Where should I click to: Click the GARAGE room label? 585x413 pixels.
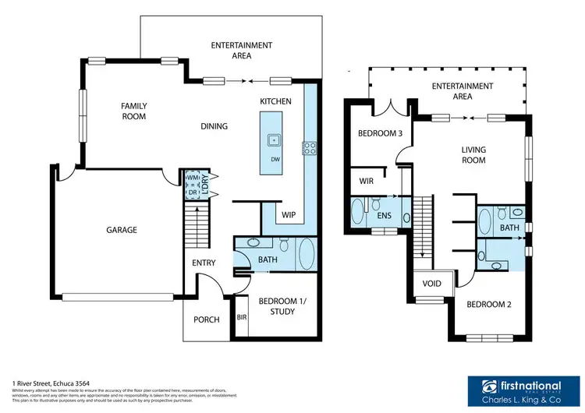[122, 230]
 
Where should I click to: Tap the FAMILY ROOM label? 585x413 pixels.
[133, 111]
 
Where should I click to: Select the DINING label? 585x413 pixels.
[214, 126]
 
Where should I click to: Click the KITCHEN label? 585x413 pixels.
[275, 101]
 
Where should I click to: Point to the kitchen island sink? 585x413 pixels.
[275, 140]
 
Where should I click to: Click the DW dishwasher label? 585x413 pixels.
[275, 160]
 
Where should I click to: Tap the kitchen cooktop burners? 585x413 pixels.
[309, 146]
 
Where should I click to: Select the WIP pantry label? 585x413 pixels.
[288, 214]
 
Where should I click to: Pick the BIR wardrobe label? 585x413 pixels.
[241, 319]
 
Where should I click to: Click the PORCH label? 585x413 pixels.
[206, 319]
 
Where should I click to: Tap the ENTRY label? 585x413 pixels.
[204, 263]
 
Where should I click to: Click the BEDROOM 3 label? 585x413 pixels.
[380, 133]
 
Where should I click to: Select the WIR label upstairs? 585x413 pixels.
[367, 180]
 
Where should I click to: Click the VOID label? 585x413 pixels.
[431, 284]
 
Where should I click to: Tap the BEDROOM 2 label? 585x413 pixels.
[488, 303]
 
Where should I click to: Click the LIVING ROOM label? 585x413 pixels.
[473, 155]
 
